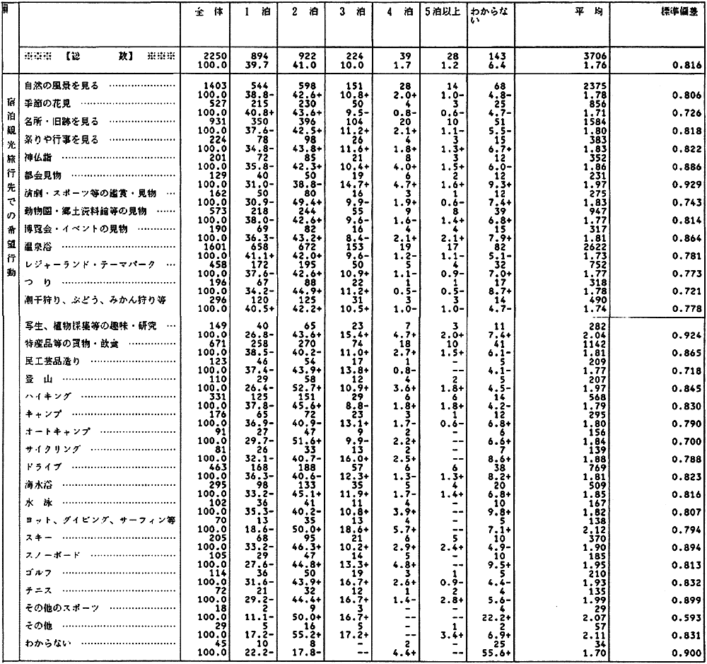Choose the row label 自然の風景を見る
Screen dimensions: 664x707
(60, 86)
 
